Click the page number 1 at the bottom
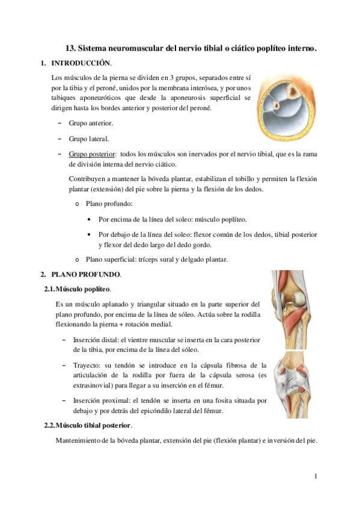316,477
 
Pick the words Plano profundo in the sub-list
106,204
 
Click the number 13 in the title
69,47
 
